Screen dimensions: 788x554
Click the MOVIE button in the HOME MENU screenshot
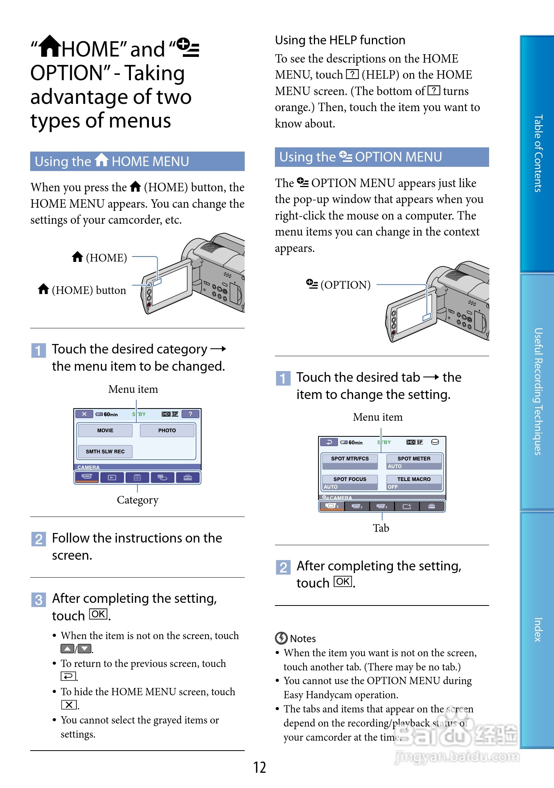(105, 430)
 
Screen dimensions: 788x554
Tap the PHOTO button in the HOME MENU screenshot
(167, 430)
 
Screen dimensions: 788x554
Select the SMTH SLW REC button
(105, 451)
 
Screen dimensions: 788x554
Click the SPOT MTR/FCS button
(350, 459)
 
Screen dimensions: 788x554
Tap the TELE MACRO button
(413, 479)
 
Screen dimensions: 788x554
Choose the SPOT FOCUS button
(350, 479)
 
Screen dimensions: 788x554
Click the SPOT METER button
(413, 459)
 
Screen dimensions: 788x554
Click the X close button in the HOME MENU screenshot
(84, 414)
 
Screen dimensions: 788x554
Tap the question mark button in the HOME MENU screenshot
(190, 414)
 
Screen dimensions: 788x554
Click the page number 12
(260, 767)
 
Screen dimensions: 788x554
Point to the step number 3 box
(38, 600)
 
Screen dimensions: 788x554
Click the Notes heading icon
(281, 638)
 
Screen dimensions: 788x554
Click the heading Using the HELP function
(340, 40)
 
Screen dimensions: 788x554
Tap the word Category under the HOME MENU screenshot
(137, 500)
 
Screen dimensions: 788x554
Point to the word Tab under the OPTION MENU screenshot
(381, 528)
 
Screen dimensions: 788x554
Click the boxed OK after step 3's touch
(98, 614)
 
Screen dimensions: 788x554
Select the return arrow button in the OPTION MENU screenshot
(329, 442)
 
